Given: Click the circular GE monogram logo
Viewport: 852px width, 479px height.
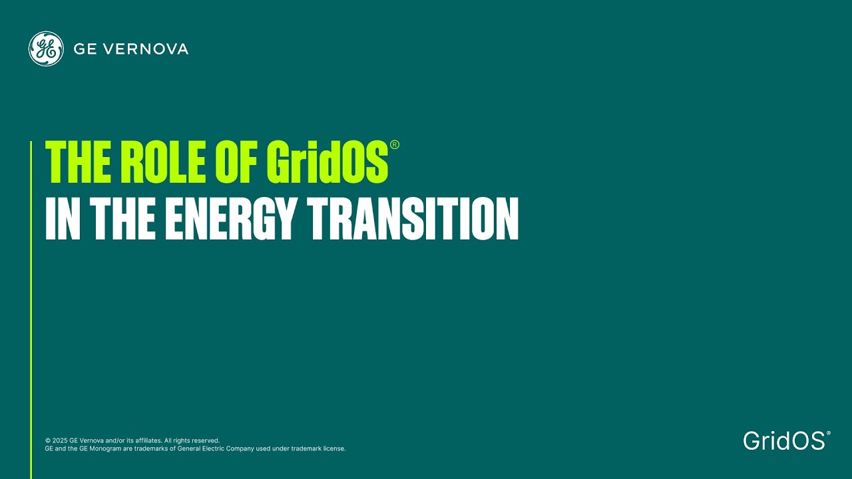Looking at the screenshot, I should (46, 49).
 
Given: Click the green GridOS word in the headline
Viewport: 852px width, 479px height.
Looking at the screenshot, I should (327, 162).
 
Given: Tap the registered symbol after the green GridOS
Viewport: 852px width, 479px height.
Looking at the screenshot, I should (395, 145).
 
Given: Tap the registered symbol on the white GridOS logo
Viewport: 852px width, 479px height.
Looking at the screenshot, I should (828, 433).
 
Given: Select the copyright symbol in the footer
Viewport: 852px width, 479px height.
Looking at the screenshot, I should (48, 440).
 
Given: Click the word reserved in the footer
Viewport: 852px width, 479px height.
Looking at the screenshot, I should (205, 440).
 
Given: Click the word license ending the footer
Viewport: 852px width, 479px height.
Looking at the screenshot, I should (335, 448).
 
